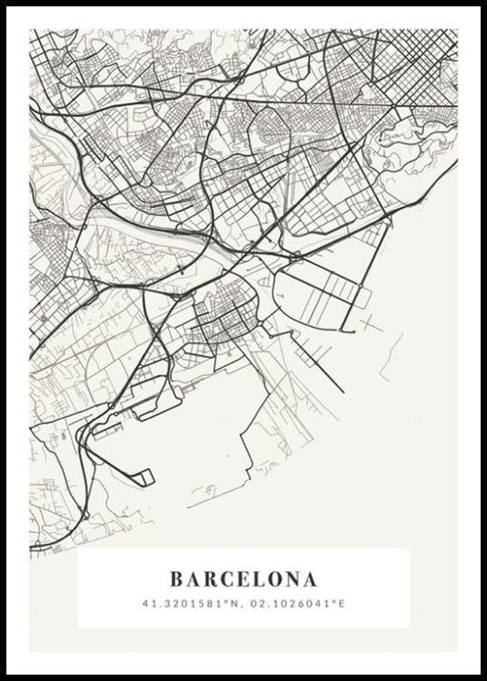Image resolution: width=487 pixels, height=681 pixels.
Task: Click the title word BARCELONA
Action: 243,579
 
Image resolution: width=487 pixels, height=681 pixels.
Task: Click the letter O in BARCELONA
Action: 271,579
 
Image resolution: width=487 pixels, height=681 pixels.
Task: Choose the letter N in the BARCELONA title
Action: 291,579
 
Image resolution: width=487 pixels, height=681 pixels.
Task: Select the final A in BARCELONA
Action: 311,579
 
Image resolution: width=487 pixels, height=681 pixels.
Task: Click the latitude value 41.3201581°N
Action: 193,603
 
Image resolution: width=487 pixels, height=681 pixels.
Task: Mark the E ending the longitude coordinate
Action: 344,603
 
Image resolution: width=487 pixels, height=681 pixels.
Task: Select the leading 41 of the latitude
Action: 147,603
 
